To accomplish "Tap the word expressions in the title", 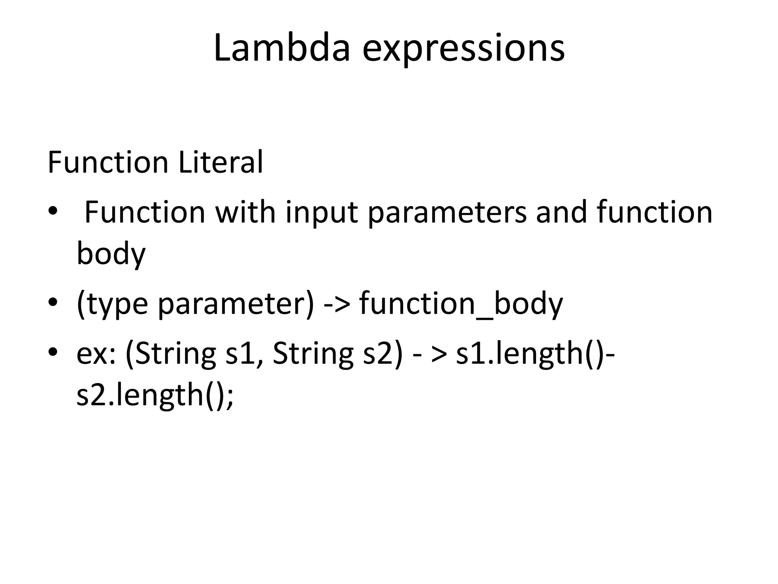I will click(x=463, y=49).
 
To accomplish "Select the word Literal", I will click(x=220, y=162).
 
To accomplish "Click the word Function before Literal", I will click(x=108, y=162).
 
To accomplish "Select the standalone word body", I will click(x=111, y=254).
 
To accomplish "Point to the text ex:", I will click(x=96, y=354).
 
